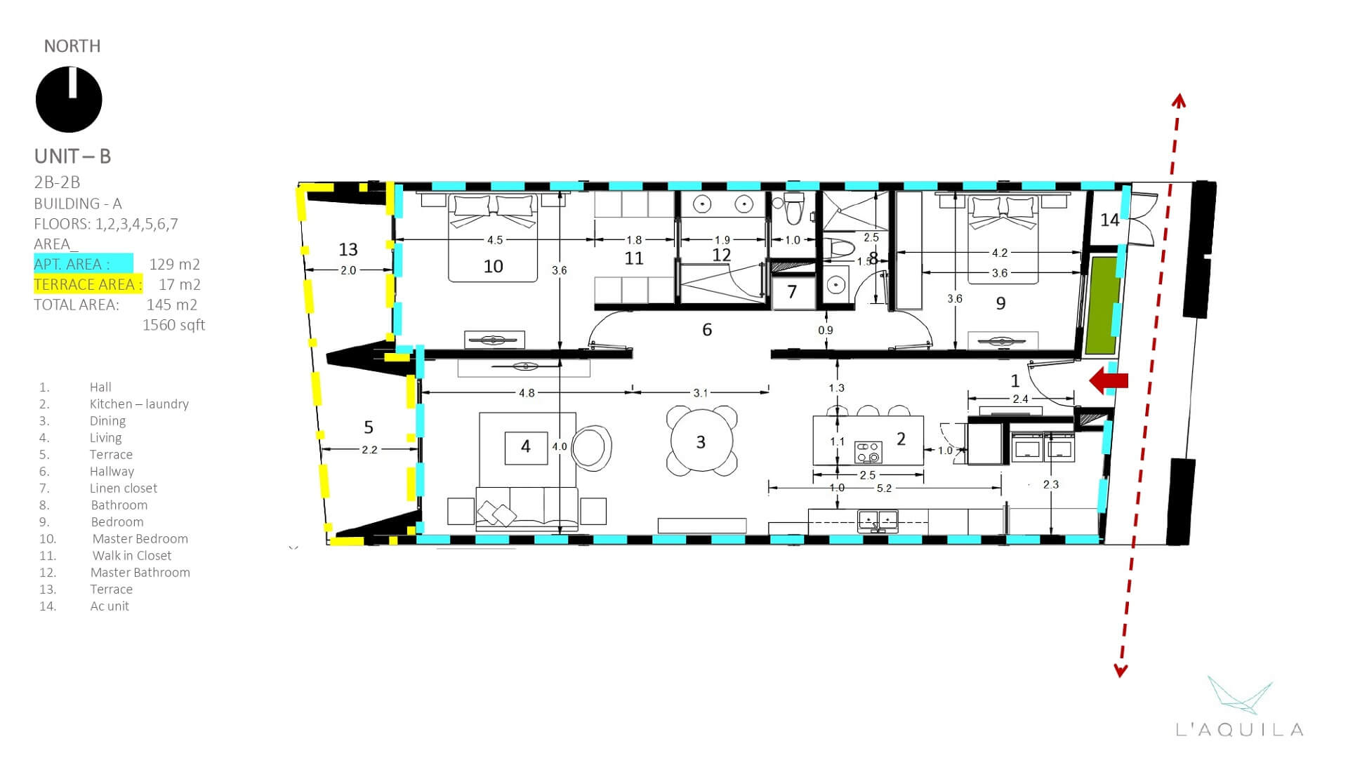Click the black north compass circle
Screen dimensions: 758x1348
point(69,100)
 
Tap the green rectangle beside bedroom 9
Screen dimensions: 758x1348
point(1101,305)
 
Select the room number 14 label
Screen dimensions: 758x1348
point(1109,220)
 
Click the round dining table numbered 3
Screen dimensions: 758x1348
point(701,441)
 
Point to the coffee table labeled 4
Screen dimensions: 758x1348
point(526,447)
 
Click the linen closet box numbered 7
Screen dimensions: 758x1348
point(792,292)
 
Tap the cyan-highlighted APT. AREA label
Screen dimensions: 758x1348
point(72,264)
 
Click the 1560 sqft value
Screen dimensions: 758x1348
point(173,325)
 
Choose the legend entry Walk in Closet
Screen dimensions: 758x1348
point(131,555)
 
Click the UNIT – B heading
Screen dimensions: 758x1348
point(73,156)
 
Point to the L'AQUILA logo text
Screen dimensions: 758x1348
point(1240,730)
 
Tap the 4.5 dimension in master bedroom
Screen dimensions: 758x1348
point(494,240)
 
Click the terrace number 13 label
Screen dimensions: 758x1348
point(348,249)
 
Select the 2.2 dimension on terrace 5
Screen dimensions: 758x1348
point(369,450)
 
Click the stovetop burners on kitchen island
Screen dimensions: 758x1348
point(868,452)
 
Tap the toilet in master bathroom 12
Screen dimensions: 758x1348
point(794,208)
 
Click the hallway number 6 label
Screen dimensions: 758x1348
point(707,329)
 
